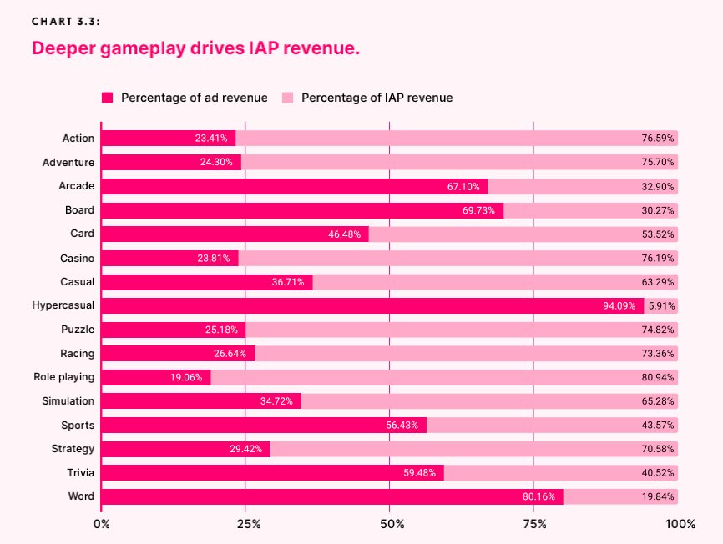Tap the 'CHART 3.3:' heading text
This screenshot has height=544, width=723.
point(66,22)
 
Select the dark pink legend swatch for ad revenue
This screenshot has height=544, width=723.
point(107,98)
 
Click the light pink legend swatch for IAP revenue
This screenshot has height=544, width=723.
point(287,98)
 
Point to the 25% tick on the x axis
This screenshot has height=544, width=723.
point(248,524)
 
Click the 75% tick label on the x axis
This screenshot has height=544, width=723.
point(534,524)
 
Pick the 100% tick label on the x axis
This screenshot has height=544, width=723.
point(680,524)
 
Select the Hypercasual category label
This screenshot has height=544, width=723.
point(63,306)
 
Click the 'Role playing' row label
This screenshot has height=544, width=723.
point(63,377)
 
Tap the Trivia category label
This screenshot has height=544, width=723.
point(80,473)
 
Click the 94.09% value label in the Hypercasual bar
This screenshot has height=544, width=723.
point(619,306)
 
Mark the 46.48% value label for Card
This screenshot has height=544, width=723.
point(345,234)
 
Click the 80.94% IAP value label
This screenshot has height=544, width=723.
point(658,377)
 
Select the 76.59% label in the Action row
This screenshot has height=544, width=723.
point(658,139)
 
